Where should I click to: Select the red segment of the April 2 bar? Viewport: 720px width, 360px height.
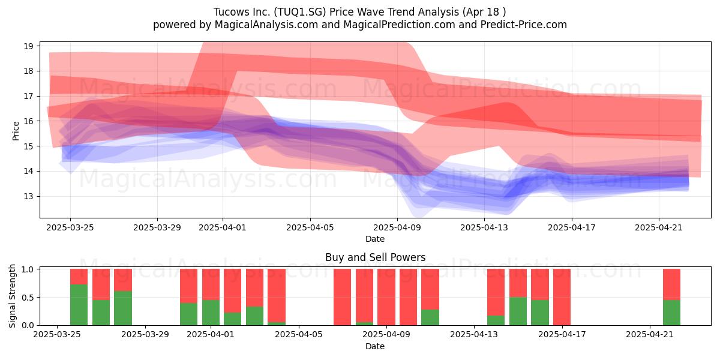[x=232, y=290]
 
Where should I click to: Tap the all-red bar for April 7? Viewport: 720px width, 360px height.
[x=343, y=297]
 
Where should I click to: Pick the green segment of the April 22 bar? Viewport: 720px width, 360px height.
[x=672, y=313]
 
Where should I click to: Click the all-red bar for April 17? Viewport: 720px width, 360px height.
[x=562, y=297]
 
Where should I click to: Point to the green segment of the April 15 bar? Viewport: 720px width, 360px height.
[x=518, y=311]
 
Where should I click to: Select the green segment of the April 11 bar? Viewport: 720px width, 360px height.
[x=430, y=317]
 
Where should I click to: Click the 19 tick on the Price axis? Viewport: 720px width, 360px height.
[x=38, y=46]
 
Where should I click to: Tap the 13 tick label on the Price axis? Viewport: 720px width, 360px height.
[x=28, y=196]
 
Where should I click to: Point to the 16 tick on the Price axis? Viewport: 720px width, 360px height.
[x=38, y=121]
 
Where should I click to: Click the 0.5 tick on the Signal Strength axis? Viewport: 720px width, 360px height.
[x=38, y=297]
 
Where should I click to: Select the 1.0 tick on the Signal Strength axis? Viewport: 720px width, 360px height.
[x=38, y=269]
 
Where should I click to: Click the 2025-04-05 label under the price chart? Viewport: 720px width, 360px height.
[x=310, y=227]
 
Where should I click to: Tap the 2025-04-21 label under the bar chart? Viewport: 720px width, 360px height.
[x=650, y=334]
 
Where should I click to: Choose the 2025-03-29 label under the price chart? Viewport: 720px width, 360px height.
[x=157, y=227]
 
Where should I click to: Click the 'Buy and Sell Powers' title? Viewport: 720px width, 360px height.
[x=375, y=257]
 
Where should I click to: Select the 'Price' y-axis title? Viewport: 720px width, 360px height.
[x=16, y=131]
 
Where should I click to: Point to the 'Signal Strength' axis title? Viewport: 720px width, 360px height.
[x=12, y=296]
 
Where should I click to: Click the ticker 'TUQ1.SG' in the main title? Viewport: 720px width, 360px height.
[x=300, y=12]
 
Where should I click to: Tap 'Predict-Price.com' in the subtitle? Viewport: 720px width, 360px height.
[x=524, y=25]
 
